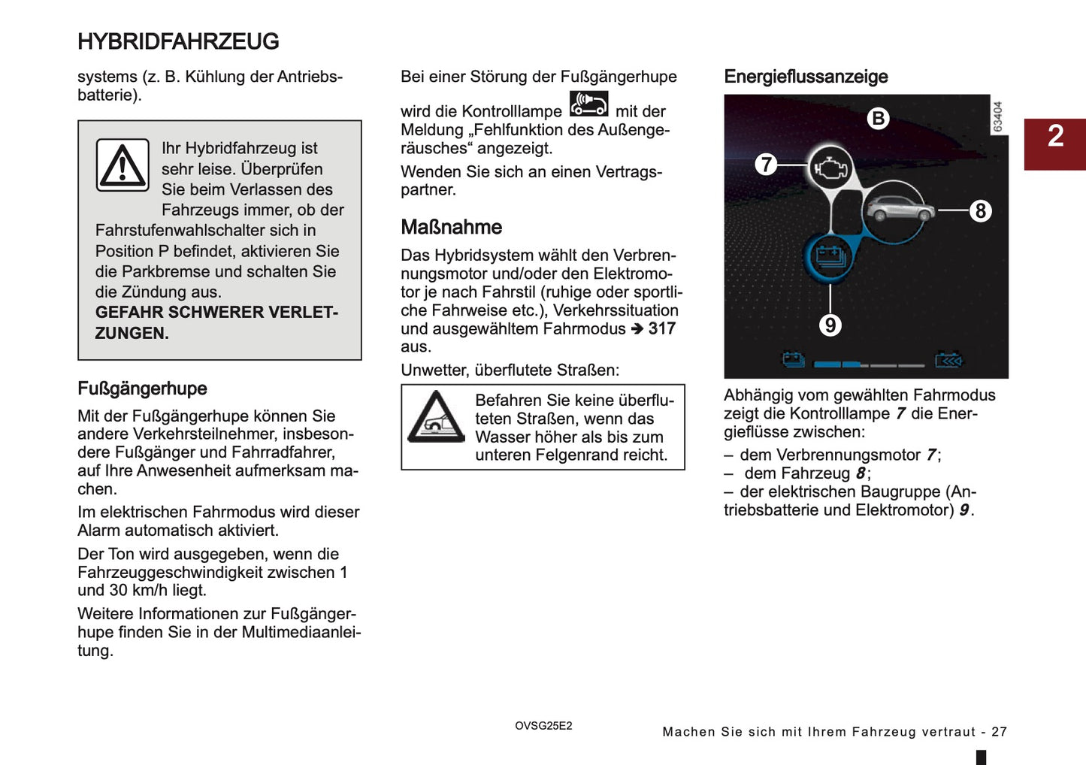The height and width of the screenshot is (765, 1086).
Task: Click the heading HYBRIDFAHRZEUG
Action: (178, 41)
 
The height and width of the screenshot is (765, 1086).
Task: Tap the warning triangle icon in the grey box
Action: (123, 165)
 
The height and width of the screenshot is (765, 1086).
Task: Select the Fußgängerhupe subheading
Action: (142, 389)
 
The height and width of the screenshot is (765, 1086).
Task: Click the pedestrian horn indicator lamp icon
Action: (588, 104)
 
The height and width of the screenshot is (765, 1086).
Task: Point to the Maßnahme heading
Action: (451, 227)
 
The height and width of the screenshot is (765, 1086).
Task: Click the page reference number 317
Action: (662, 328)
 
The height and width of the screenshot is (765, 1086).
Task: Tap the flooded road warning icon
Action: (436, 417)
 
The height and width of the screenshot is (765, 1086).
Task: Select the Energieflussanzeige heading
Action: (806, 77)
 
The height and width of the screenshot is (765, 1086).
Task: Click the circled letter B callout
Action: (878, 119)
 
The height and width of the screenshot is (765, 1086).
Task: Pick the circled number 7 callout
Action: (766, 164)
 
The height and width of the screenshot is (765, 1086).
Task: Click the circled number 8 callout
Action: (980, 211)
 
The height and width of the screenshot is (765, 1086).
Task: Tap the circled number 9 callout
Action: (830, 325)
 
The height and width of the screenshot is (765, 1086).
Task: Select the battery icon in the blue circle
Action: (830, 257)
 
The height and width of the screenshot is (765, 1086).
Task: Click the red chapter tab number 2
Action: (1055, 136)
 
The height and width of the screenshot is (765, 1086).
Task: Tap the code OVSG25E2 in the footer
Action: (543, 726)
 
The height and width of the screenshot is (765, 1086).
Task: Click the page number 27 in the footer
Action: (999, 732)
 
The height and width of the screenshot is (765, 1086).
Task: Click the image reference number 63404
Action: (997, 116)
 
